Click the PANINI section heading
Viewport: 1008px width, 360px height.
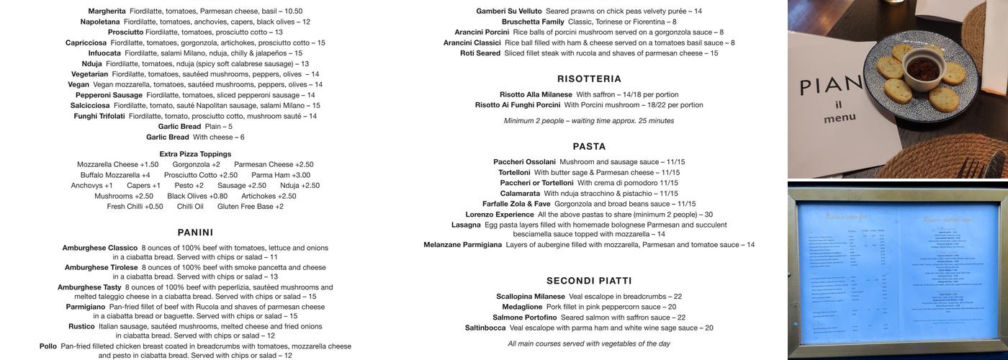point(195,233)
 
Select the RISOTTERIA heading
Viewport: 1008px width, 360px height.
point(589,79)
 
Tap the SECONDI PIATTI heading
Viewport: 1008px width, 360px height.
point(589,281)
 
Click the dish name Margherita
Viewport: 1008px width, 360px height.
point(107,12)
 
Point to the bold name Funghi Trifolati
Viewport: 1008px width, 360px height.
point(99,116)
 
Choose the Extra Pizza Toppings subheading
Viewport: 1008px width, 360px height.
point(195,154)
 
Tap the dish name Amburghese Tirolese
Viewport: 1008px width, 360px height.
point(101,267)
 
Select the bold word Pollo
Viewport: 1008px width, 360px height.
point(48,346)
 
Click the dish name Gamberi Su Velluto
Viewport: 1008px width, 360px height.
point(509,12)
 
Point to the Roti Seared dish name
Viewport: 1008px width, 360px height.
point(480,53)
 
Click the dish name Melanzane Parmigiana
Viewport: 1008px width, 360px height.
point(462,245)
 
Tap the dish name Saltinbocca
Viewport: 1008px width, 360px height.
point(485,328)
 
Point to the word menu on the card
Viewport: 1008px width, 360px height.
point(840,117)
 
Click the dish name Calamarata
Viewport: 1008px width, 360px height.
point(520,194)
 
